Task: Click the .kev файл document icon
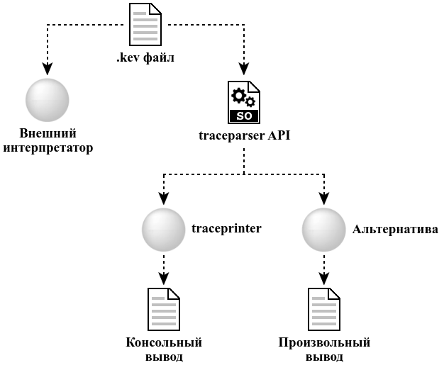tap(145, 24)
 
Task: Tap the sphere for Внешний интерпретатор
tap(47, 100)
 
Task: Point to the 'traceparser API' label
tap(245, 135)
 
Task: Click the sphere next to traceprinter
tap(163, 229)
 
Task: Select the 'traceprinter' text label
tap(227, 229)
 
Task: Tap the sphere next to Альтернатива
tap(324, 229)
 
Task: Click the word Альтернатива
tap(395, 229)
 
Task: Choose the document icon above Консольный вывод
tap(163, 309)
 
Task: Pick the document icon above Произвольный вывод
tap(324, 309)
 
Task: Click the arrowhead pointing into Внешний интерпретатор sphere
tap(47, 69)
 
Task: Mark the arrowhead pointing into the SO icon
tap(244, 69)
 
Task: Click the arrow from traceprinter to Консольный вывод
tap(164, 269)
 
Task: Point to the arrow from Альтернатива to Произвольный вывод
tap(324, 269)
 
